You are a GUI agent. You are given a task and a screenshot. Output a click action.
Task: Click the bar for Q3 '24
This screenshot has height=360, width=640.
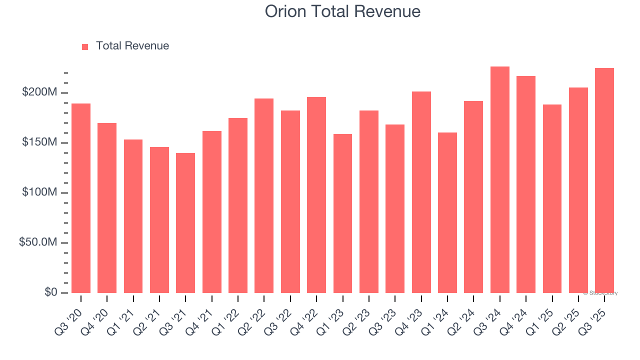[x=499, y=180]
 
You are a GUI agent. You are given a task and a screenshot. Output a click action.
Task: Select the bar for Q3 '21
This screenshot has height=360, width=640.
[x=185, y=223]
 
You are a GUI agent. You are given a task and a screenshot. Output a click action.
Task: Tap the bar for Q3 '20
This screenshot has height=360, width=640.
[x=81, y=198]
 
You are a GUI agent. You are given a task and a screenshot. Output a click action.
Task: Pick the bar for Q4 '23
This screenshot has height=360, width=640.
[x=421, y=192]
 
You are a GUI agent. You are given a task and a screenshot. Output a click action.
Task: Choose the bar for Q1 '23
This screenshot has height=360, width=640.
[x=342, y=213]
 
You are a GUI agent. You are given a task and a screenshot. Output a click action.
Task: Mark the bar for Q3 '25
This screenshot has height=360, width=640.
[x=604, y=180]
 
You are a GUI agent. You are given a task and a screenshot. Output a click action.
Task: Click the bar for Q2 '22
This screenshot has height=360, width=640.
[x=264, y=195]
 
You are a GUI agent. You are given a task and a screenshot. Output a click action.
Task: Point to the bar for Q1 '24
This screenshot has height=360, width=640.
[x=447, y=212]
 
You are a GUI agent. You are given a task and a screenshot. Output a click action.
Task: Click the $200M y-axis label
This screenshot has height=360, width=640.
[x=39, y=92]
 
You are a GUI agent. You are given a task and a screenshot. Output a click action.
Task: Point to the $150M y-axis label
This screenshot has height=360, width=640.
[x=39, y=142]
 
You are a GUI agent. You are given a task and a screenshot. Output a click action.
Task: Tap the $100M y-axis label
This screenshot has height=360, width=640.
[x=39, y=192]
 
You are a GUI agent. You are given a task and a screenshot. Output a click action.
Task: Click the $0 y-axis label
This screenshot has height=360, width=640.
[x=49, y=292]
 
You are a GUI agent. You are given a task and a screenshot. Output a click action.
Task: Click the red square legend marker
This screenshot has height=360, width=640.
[x=85, y=46]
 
